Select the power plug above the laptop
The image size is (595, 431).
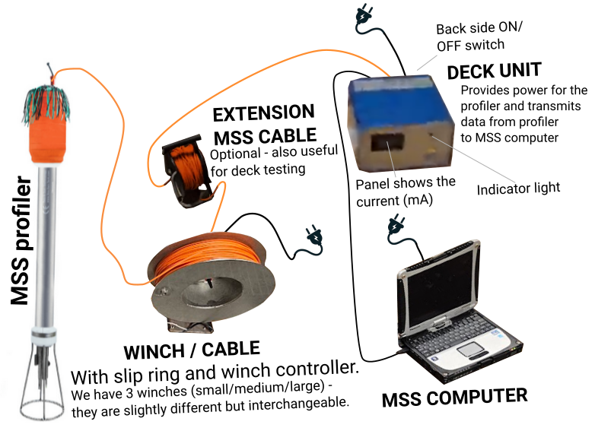coord(396,223)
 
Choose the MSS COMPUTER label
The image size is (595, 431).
coord(454,396)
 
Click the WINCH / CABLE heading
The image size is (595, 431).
coord(191,350)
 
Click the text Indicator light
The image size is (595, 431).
coord(518,188)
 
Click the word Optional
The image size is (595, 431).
coord(234,154)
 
